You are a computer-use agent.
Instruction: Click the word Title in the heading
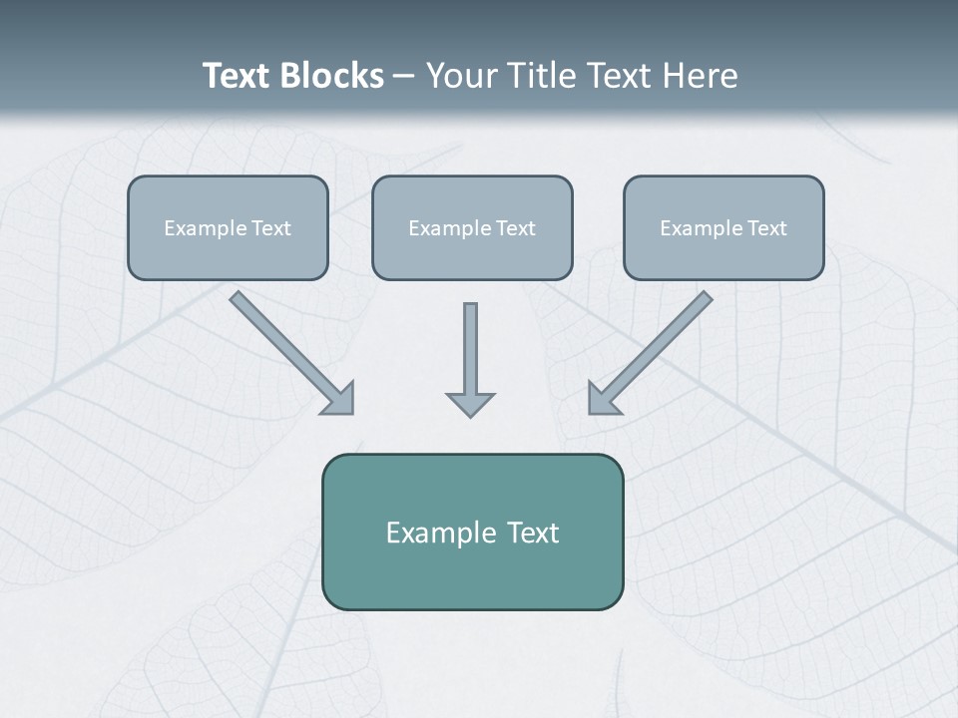point(540,76)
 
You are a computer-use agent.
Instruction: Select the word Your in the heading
point(462,76)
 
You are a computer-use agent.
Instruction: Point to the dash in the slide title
point(404,77)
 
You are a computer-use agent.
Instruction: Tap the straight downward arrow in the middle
point(470,349)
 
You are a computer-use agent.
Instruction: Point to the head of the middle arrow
point(470,403)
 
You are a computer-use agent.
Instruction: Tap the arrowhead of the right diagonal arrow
point(603,398)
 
